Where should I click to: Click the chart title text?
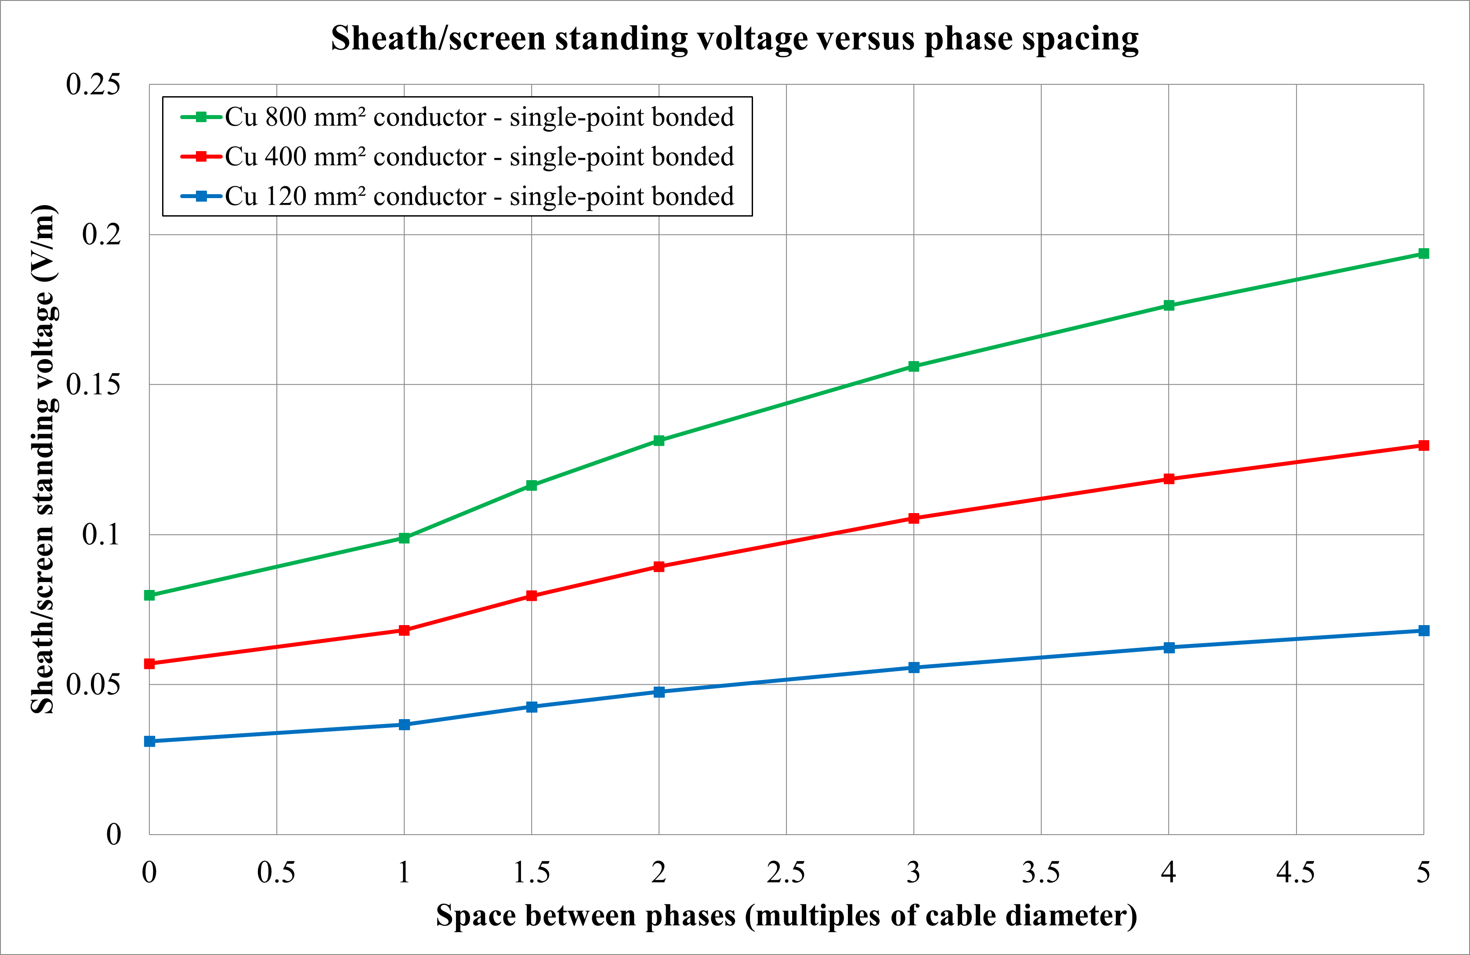click(x=735, y=38)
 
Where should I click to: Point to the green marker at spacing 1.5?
click(x=531, y=485)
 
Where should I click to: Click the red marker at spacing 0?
click(x=149, y=663)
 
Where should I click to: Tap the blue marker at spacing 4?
click(x=1169, y=648)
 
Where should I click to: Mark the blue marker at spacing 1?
click(x=404, y=724)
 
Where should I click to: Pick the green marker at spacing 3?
click(x=913, y=366)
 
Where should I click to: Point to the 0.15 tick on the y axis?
click(x=93, y=384)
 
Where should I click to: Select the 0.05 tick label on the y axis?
click(x=93, y=684)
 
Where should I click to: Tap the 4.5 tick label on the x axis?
click(x=1295, y=872)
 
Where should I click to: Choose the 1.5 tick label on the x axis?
click(x=531, y=872)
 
